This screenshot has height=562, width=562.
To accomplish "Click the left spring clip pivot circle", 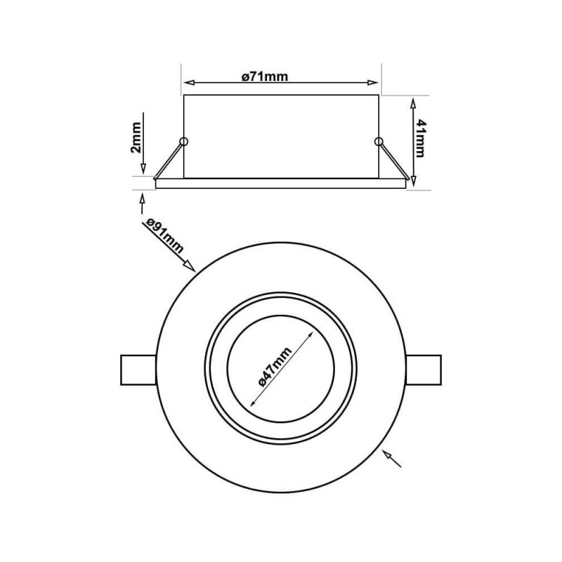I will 184,142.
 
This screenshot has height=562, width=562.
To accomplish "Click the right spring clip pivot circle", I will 379,142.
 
